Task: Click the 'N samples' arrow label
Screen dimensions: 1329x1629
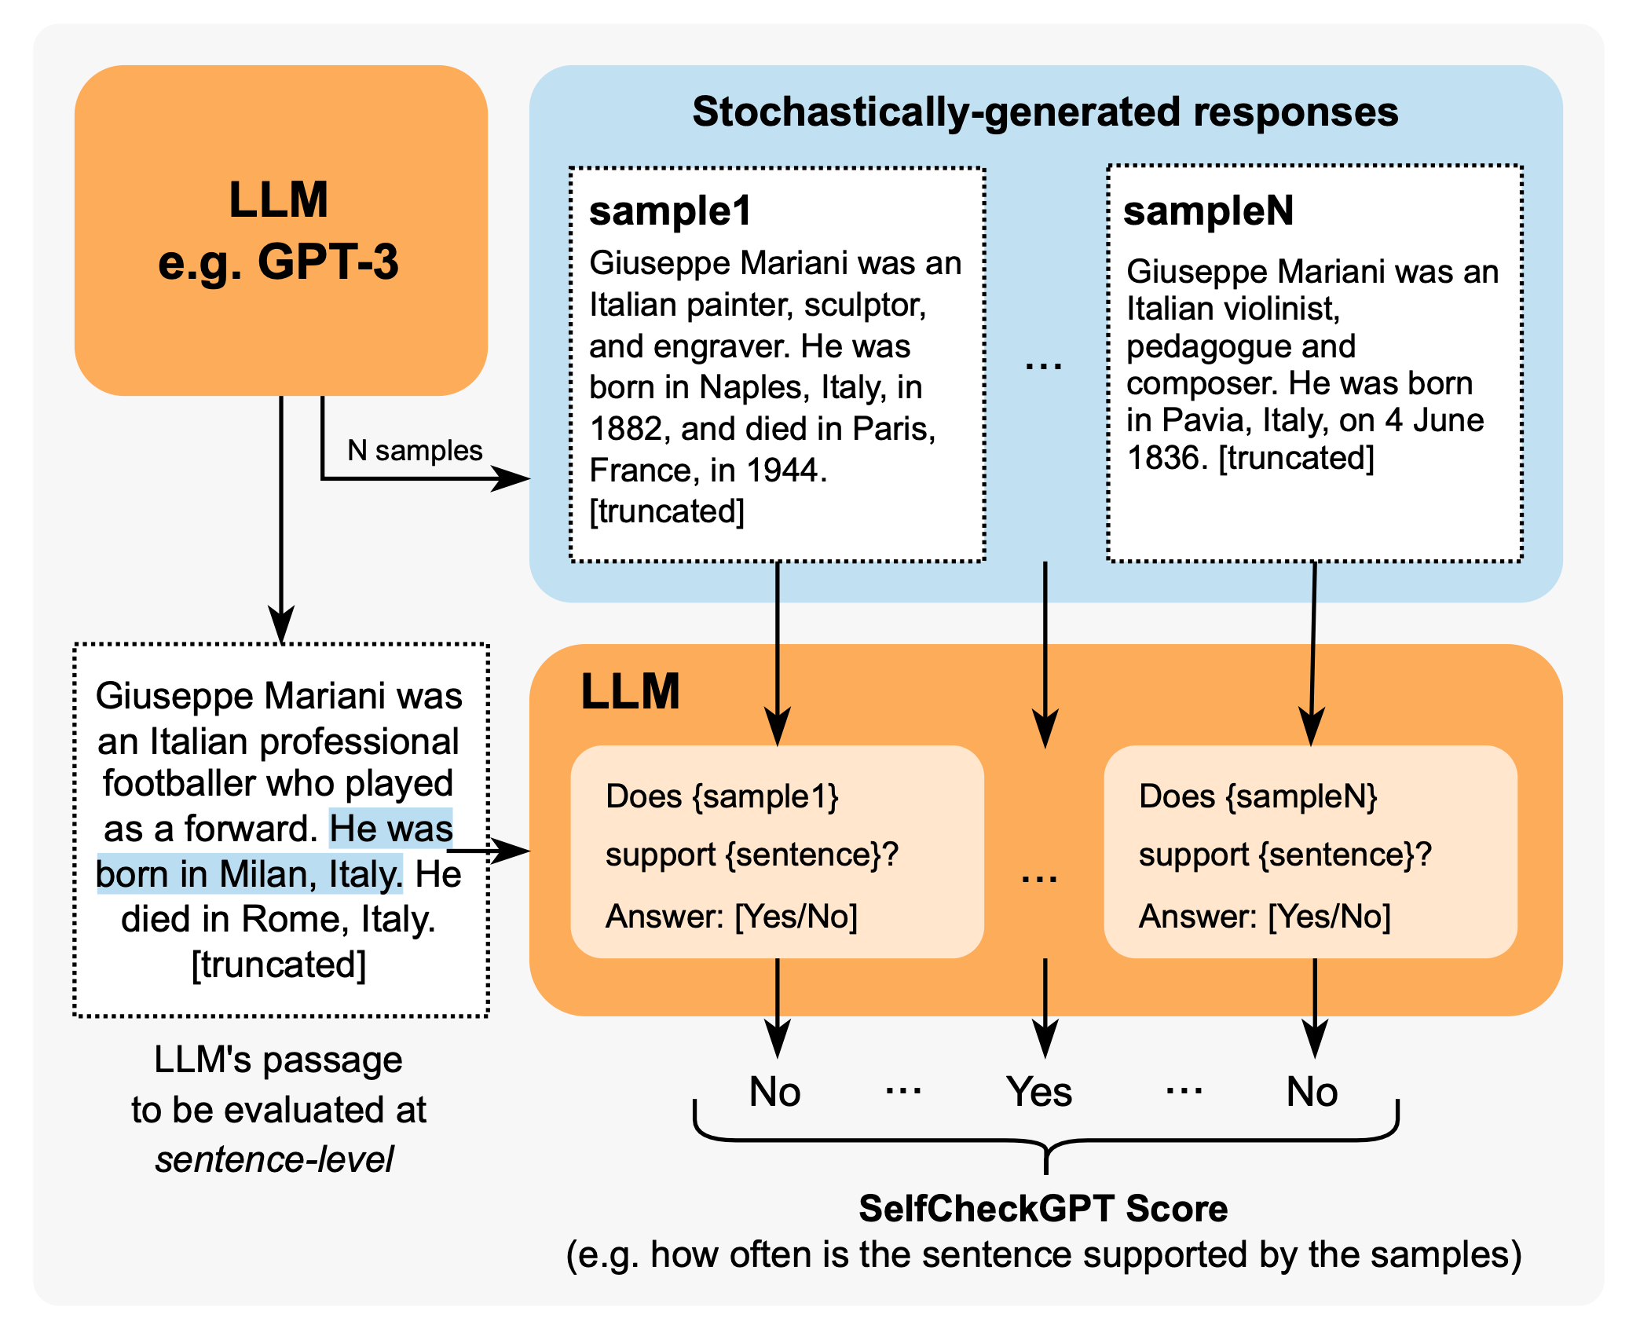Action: tap(415, 451)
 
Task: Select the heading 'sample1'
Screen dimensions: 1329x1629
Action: tap(670, 211)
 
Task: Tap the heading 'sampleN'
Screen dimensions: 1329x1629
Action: tap(1208, 211)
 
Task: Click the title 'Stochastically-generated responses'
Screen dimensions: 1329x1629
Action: tap(1045, 112)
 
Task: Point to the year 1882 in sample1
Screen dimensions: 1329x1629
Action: tap(625, 429)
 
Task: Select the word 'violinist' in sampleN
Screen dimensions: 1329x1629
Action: tap(1284, 309)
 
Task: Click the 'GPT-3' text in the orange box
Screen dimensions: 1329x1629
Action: tap(328, 262)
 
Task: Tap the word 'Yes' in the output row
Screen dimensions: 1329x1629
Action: tap(1038, 1092)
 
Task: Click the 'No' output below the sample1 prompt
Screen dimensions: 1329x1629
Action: tap(774, 1092)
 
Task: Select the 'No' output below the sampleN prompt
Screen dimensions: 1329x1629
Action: tap(1312, 1092)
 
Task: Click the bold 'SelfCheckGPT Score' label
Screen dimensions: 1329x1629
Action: tap(1043, 1208)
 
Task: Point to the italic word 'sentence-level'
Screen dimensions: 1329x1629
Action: tap(275, 1159)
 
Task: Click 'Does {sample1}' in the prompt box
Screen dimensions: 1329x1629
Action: tap(722, 796)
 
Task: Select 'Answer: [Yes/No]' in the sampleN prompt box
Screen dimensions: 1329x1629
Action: tap(1265, 917)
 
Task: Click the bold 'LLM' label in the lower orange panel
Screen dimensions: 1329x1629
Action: tap(630, 692)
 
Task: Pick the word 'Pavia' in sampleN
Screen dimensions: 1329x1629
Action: tap(1203, 421)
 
